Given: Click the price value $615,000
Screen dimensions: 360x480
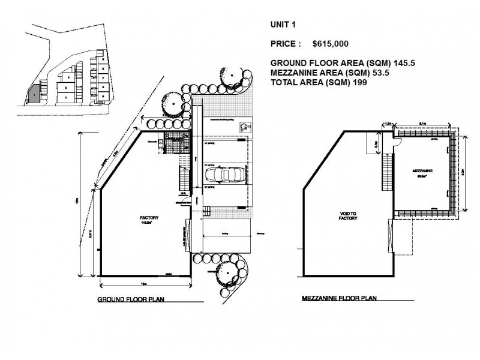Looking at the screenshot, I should (x=331, y=44).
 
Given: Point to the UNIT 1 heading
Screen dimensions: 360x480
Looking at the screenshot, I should (x=284, y=25).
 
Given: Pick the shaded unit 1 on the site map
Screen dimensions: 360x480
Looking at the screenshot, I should (x=35, y=94).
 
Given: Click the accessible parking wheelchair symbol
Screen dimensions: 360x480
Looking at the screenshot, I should (x=244, y=126).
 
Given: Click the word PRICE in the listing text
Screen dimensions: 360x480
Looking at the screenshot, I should (x=284, y=44).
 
